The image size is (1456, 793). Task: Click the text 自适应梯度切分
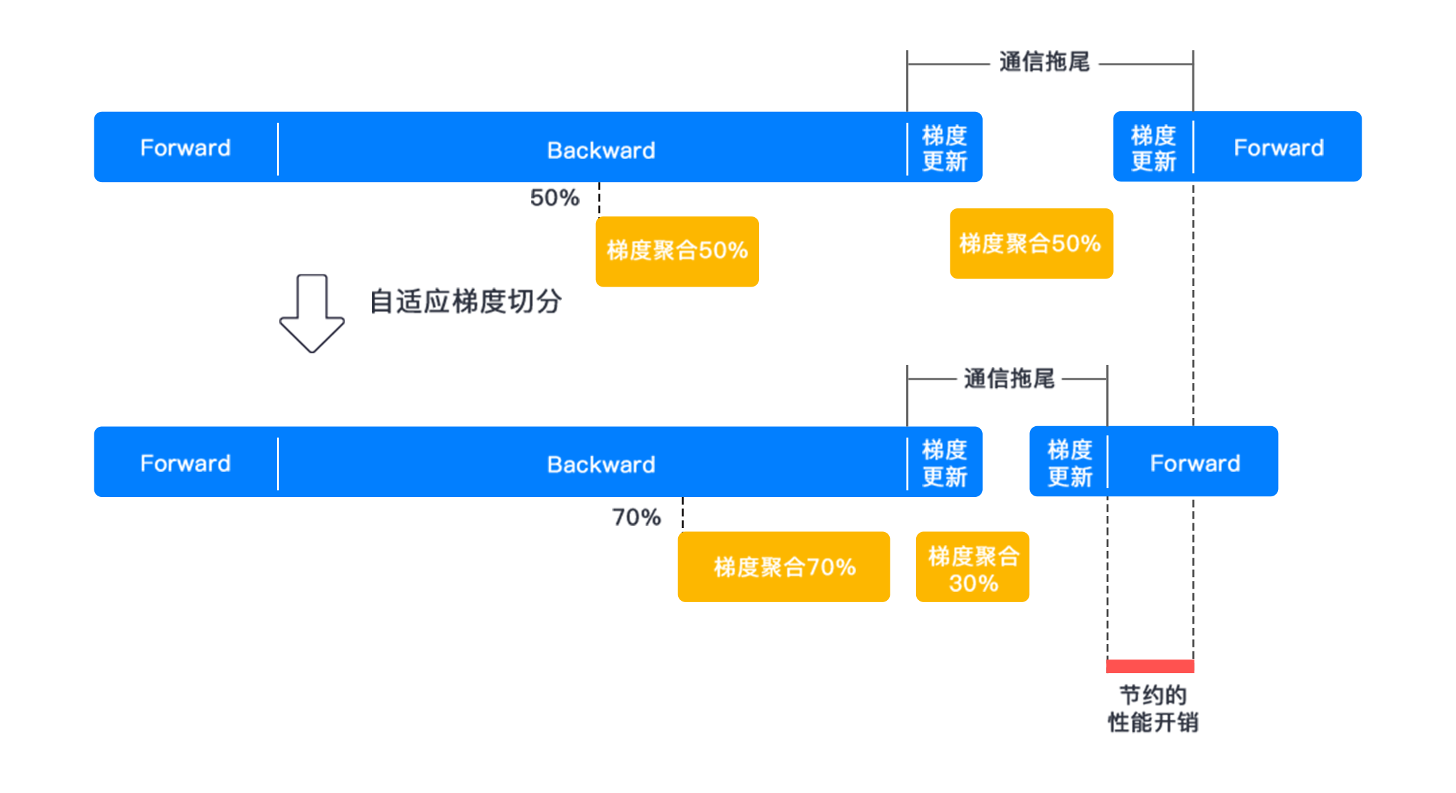click(x=466, y=301)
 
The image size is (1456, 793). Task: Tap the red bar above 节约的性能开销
click(x=1150, y=666)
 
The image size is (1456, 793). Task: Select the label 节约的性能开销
click(x=1153, y=709)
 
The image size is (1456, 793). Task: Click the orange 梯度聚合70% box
click(x=784, y=566)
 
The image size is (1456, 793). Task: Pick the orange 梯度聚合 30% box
click(x=973, y=566)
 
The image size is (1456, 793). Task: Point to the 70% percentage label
click(x=636, y=517)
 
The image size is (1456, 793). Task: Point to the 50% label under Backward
click(x=555, y=198)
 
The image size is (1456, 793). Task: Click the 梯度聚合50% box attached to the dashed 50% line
click(x=677, y=252)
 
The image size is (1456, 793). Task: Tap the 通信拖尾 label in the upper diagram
click(x=1044, y=62)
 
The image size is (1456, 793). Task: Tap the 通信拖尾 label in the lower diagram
click(x=1009, y=379)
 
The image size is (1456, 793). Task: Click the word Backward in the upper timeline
click(x=601, y=150)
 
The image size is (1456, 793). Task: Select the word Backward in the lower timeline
click(x=601, y=464)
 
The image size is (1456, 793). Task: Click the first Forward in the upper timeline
click(x=185, y=148)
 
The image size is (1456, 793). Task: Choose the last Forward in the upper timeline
click(x=1279, y=148)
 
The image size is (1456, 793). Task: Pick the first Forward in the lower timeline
click(x=185, y=463)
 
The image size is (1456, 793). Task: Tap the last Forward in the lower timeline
click(x=1195, y=463)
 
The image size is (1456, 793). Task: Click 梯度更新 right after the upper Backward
click(x=944, y=148)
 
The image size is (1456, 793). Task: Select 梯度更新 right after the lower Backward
click(x=944, y=463)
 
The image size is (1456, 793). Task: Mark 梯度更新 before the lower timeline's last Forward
click(x=1070, y=463)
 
